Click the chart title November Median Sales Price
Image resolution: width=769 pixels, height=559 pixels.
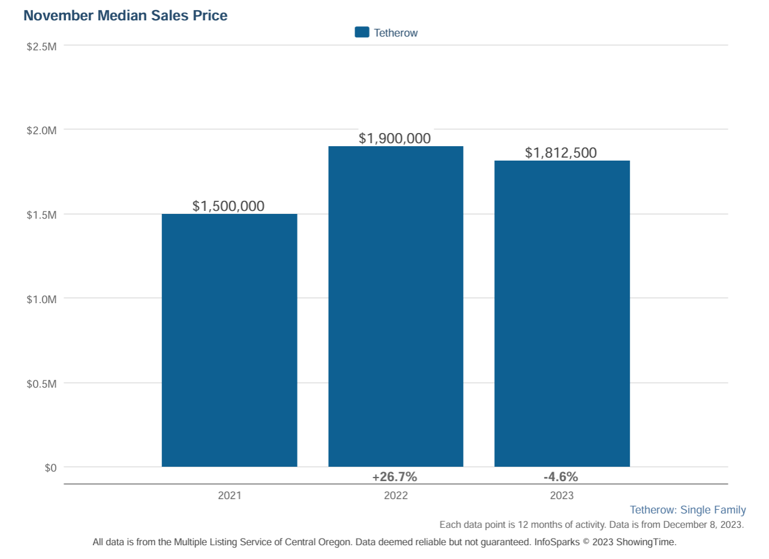[125, 16]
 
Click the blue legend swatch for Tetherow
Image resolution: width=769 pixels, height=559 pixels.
[362, 32]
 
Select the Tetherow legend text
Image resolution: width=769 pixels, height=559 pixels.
[395, 33]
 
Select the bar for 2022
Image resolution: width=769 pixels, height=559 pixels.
[395, 306]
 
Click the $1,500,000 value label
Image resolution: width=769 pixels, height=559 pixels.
[229, 206]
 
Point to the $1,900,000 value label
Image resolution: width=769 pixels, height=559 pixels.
[395, 138]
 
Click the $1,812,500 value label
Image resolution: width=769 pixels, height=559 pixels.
[561, 153]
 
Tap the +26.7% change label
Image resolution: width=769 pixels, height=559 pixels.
[395, 477]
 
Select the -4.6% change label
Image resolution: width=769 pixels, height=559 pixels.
[561, 477]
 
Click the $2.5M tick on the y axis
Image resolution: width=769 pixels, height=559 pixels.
[42, 46]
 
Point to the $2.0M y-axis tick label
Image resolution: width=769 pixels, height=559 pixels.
[42, 130]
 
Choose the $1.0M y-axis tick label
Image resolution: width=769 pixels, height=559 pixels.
[42, 299]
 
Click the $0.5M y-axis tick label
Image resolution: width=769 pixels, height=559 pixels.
[42, 383]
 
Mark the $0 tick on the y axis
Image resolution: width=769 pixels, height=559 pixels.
[50, 468]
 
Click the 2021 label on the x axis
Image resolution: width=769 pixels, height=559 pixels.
[229, 495]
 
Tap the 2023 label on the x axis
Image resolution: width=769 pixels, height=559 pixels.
[561, 495]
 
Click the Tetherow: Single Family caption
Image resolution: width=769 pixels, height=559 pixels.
[687, 510]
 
